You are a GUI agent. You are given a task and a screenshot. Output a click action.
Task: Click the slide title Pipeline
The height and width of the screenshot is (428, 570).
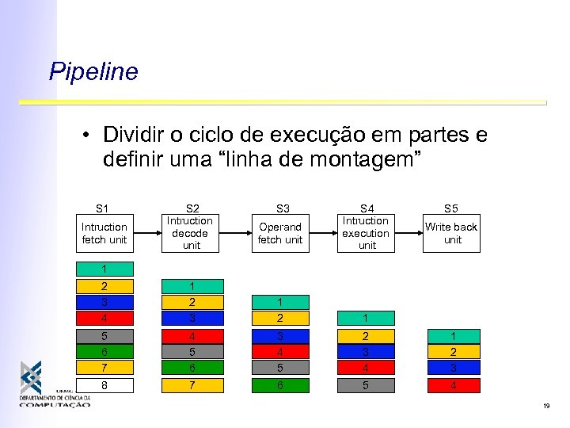93,72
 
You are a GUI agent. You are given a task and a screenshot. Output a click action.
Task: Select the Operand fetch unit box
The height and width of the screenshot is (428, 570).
280,233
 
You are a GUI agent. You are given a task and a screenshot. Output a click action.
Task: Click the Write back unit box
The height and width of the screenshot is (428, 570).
451,233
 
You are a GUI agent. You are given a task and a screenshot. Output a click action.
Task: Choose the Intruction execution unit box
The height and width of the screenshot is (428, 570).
366,233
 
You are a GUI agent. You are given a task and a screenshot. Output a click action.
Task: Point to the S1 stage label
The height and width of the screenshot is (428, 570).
103,208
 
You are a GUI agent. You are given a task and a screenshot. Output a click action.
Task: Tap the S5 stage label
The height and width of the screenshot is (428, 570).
451,208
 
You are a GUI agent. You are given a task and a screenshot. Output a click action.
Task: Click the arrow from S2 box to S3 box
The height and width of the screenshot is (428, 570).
235,233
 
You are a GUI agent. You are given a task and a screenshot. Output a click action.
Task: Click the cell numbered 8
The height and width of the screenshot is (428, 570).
103,386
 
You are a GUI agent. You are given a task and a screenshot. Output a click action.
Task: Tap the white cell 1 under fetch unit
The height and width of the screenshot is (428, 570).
103,269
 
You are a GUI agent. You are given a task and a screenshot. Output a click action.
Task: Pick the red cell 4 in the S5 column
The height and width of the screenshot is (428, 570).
453,386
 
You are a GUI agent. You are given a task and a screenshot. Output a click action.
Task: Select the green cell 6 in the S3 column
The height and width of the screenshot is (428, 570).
280,386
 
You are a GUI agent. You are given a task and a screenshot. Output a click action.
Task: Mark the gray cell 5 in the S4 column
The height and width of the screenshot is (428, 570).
366,386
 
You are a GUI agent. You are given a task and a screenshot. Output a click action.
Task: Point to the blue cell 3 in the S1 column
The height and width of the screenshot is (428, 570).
103,302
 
